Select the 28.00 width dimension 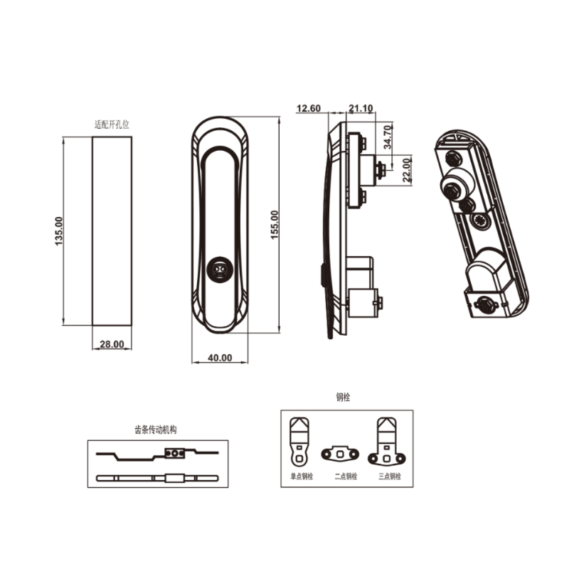[112, 344]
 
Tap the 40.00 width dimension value [220, 358]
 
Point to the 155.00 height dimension [275, 225]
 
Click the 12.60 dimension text [309, 109]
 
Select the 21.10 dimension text [361, 109]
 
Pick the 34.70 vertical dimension [388, 136]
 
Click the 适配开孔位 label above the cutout [112, 124]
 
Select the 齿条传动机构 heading [154, 430]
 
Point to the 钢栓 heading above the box [343, 398]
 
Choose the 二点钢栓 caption [345, 476]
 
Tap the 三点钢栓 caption [390, 476]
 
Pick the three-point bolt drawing [388, 442]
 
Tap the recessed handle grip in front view [219, 213]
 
